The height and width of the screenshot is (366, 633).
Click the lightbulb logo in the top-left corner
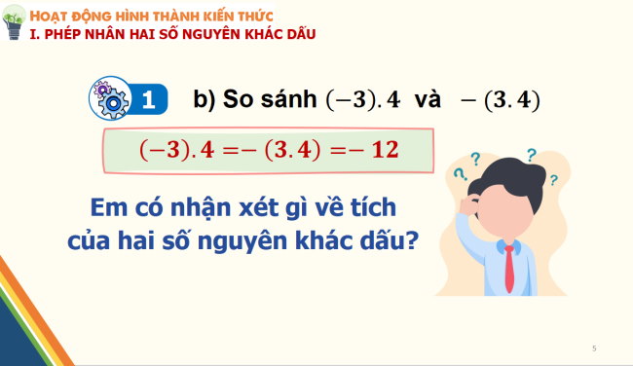click(14, 26)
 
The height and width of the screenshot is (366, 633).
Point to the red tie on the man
click(508, 268)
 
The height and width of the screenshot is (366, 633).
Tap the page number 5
click(594, 347)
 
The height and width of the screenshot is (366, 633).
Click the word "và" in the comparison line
click(429, 100)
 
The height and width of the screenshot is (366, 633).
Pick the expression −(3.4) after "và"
click(503, 100)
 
